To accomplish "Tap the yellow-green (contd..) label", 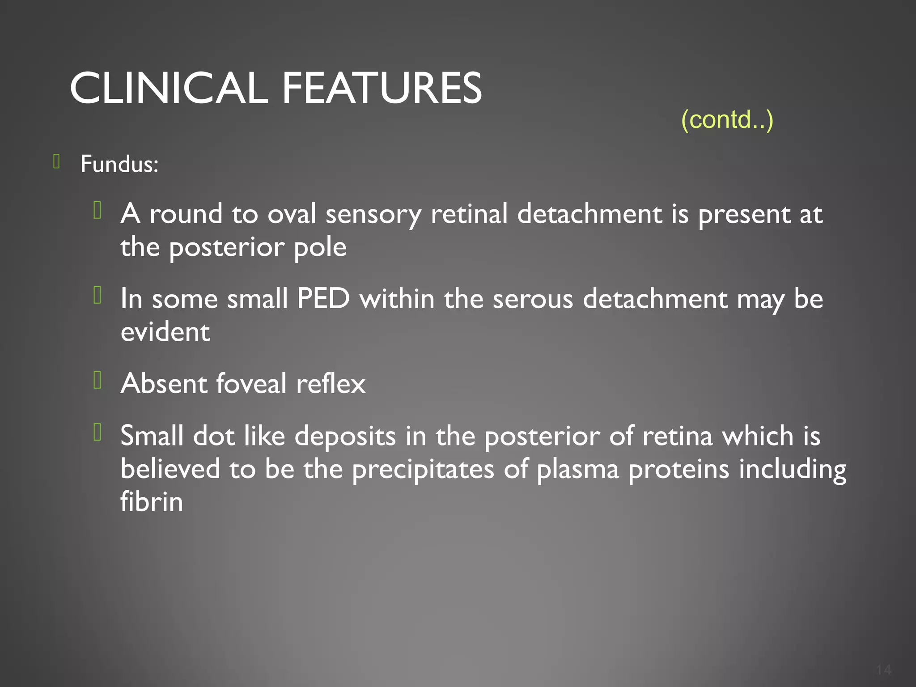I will tap(727, 119).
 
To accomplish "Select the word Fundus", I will tap(119, 164).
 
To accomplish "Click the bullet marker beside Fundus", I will tap(56, 161).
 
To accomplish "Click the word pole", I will tap(320, 247).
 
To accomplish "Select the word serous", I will tap(533, 299).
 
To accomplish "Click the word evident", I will tap(165, 332).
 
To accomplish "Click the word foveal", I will tap(251, 384).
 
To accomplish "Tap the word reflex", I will tap(331, 384).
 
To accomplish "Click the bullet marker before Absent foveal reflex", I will tap(98, 380).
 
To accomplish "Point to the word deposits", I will tap(345, 436).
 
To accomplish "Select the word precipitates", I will tap(423, 469).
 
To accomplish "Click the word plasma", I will tap(577, 469).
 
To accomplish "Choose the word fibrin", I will tap(152, 502).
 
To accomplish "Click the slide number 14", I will tap(883, 670).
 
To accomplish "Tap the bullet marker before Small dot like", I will tap(98, 433).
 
